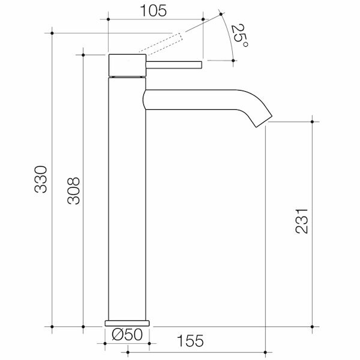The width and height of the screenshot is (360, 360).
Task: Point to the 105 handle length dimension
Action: coord(153,11)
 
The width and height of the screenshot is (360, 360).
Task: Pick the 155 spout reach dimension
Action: coord(191,341)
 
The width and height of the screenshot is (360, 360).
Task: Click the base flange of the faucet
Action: coord(127,322)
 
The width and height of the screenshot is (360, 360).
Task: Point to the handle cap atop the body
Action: coord(127,65)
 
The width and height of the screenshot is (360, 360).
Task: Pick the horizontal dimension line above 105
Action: coord(156,20)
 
